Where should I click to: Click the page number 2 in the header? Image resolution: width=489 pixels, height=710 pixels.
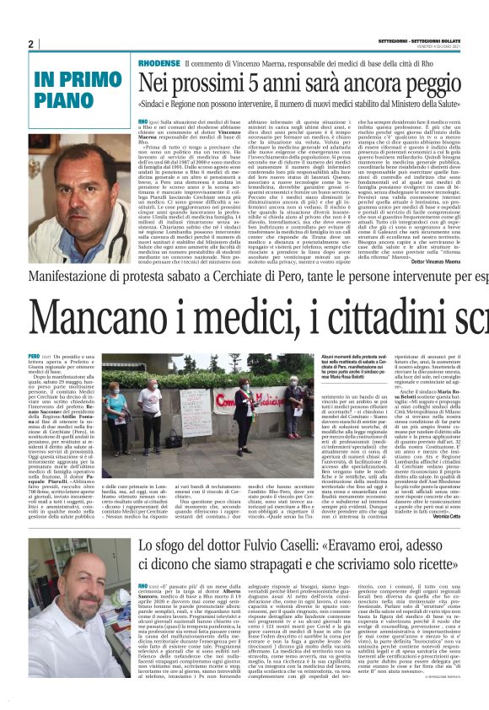(x=30, y=45)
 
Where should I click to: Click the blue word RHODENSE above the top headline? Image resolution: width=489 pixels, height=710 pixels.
(x=158, y=64)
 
